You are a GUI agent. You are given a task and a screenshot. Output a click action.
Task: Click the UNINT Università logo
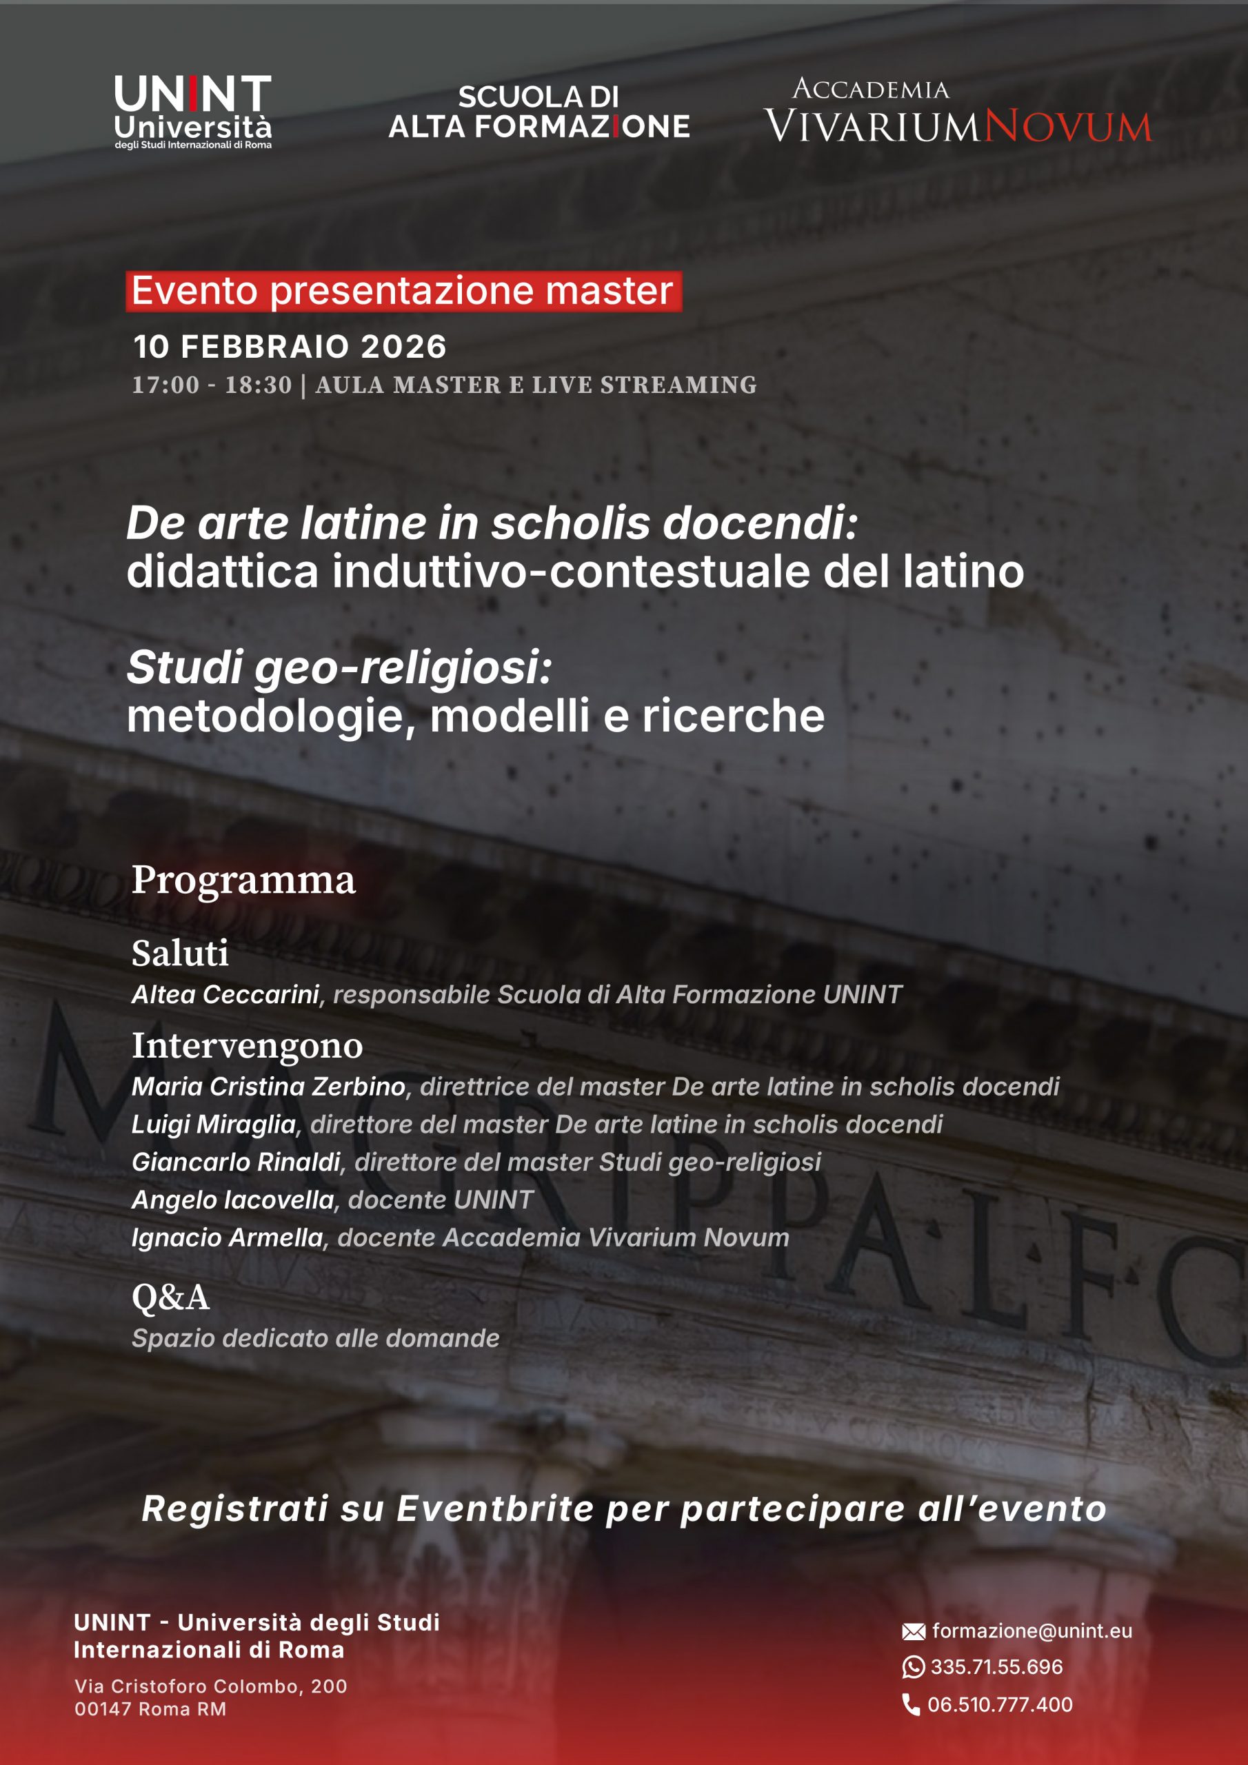click(x=193, y=112)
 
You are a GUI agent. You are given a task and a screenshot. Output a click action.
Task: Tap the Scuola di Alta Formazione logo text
click(x=539, y=112)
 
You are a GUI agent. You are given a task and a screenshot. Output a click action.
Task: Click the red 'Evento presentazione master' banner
click(x=403, y=292)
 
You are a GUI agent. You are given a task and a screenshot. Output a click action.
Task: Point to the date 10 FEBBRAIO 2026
click(x=290, y=347)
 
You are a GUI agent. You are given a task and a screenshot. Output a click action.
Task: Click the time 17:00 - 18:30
click(x=212, y=384)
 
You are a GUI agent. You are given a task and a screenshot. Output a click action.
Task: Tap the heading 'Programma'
click(x=243, y=880)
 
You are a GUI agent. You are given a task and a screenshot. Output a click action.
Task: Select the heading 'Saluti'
click(x=180, y=954)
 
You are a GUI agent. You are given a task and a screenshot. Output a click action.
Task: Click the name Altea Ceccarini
click(x=225, y=994)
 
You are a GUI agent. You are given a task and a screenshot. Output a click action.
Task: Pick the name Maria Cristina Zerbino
click(x=268, y=1086)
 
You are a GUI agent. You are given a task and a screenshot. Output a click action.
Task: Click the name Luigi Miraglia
click(x=214, y=1124)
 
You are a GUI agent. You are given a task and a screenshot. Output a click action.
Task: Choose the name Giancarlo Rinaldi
click(x=236, y=1162)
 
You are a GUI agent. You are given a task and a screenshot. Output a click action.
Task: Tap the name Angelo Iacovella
click(x=233, y=1199)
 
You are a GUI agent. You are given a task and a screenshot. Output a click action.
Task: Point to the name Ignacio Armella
click(x=228, y=1237)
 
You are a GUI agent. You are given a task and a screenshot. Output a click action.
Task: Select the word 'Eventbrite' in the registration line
click(x=495, y=1509)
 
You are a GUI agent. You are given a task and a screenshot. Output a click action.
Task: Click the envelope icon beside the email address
click(x=913, y=1631)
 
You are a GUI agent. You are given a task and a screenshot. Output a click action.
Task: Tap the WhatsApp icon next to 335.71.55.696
click(x=913, y=1666)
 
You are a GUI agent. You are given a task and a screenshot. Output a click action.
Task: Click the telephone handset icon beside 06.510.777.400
click(x=912, y=1704)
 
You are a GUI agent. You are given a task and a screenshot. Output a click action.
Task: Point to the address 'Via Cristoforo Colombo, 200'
click(x=211, y=1686)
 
